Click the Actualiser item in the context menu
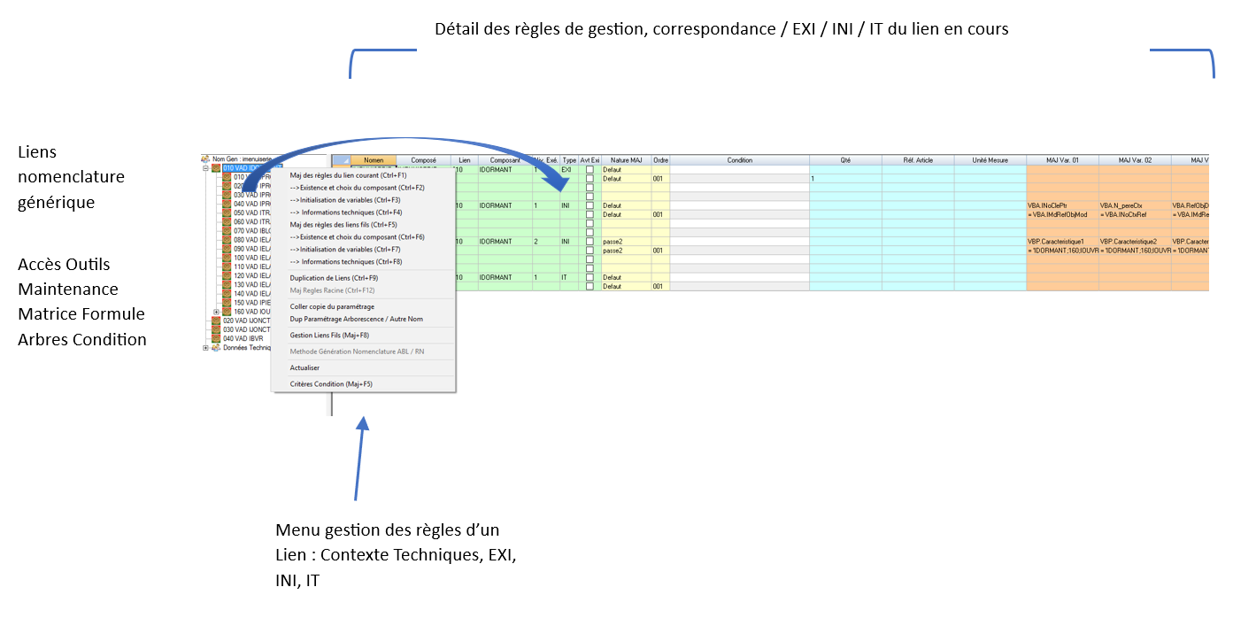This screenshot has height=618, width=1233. [x=304, y=367]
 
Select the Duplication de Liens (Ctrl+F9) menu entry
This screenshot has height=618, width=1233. [x=328, y=278]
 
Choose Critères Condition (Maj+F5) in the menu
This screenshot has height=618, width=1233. [x=331, y=384]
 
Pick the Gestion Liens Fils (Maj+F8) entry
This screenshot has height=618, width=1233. [x=329, y=336]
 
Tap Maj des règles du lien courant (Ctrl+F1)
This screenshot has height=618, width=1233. [x=348, y=175]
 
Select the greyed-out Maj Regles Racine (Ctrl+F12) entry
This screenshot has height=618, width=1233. [x=332, y=290]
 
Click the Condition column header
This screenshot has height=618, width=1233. [x=739, y=160]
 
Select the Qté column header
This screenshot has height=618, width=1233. [x=845, y=160]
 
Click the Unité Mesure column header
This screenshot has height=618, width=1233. [x=990, y=160]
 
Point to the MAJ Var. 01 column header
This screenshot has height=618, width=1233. [x=1062, y=160]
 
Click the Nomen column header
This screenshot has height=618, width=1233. [x=374, y=160]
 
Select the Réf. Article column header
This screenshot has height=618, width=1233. [x=918, y=160]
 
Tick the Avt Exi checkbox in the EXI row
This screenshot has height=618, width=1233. [x=590, y=169]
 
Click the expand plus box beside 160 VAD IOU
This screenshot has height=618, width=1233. [x=216, y=312]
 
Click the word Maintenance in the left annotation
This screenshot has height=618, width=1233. [x=68, y=290]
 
